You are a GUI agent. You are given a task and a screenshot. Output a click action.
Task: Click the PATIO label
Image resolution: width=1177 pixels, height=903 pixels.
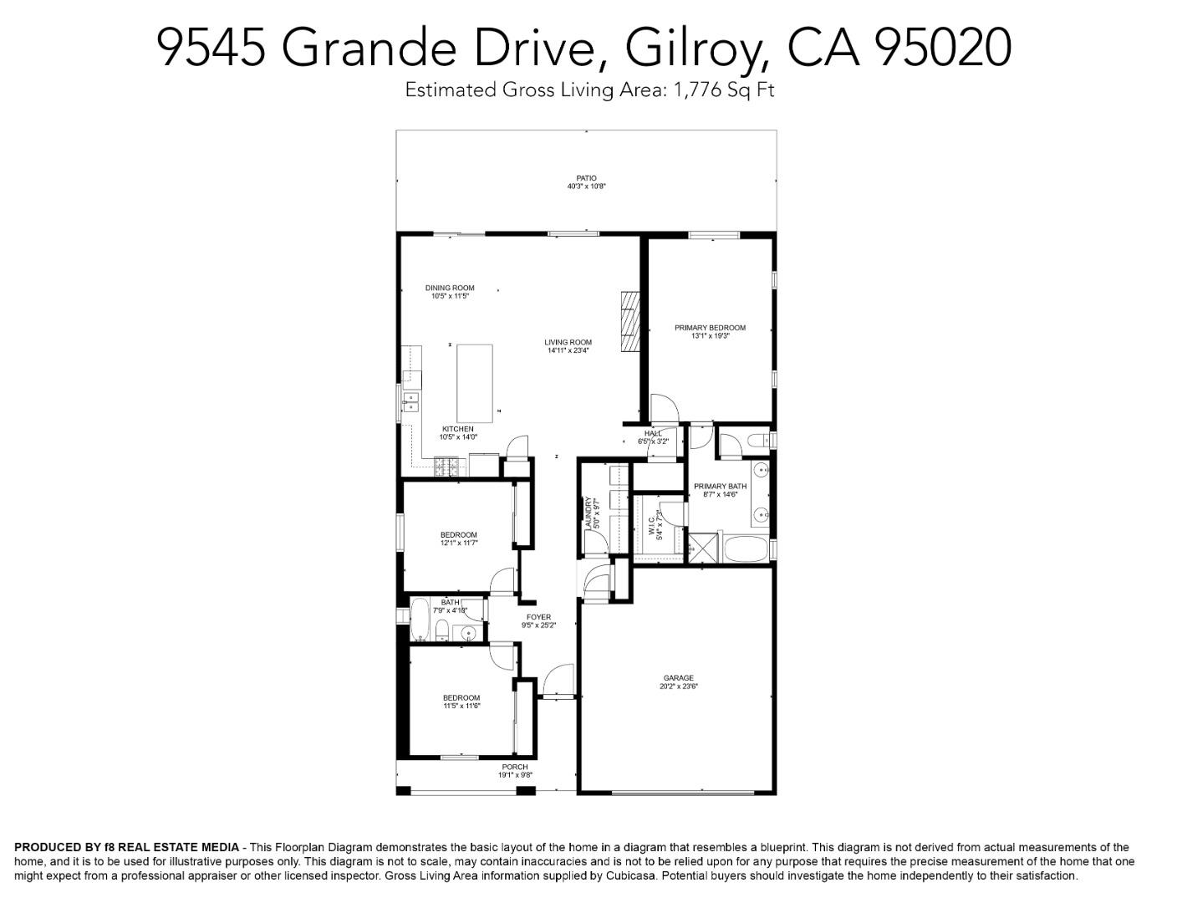click(586, 177)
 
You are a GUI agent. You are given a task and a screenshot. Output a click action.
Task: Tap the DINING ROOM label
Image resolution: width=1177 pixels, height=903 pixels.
click(450, 288)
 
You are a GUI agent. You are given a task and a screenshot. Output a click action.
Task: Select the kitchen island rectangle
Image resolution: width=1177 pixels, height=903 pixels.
click(474, 383)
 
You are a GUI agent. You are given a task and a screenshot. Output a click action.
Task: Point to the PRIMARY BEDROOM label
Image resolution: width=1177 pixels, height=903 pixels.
click(710, 328)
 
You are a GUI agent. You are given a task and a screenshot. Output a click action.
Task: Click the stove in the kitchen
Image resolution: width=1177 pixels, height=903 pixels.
click(446, 467)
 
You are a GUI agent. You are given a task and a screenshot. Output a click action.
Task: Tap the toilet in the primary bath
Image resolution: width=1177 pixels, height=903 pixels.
click(757, 441)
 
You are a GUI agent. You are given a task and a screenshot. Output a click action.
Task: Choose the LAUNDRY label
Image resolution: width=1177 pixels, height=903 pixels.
click(589, 513)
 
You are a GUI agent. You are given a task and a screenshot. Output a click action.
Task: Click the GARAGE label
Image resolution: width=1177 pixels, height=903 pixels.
click(678, 678)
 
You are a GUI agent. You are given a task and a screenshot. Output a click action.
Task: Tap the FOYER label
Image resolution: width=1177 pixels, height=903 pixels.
click(538, 617)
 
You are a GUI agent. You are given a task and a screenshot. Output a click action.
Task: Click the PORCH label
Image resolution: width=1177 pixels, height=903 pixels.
click(515, 767)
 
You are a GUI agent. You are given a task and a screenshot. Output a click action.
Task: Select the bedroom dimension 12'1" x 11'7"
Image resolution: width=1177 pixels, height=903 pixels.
click(459, 543)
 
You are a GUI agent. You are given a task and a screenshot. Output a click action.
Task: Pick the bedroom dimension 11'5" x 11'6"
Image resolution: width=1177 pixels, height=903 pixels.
click(461, 706)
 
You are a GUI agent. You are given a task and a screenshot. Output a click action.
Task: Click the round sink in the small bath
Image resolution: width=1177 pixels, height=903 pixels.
click(469, 632)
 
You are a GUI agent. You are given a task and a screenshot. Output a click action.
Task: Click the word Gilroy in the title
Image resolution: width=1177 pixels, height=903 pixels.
click(695, 47)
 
